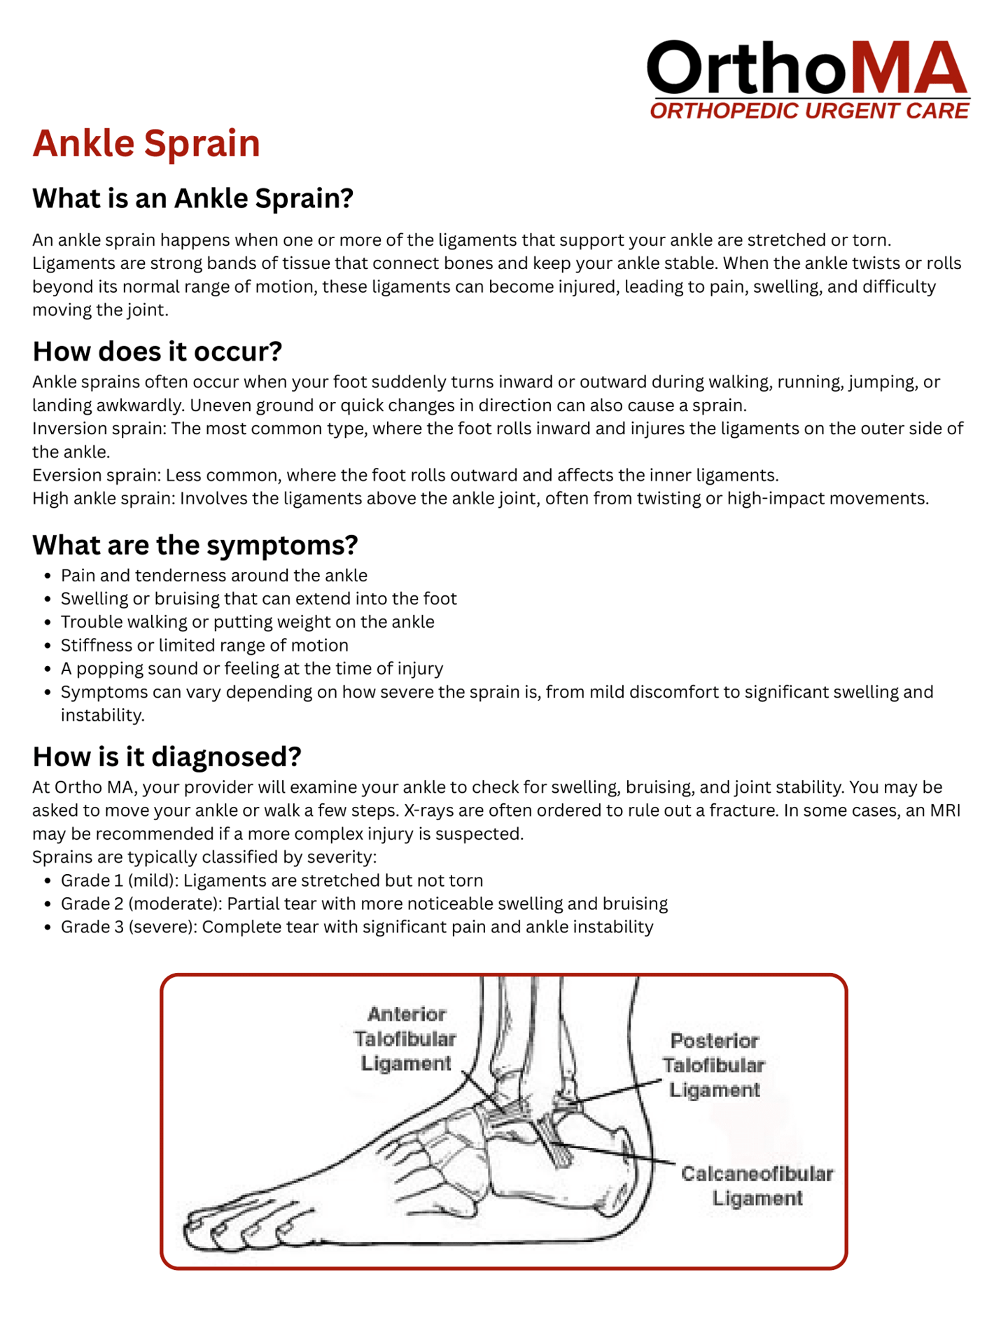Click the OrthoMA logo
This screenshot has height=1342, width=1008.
(808, 69)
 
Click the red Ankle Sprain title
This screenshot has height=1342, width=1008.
(146, 143)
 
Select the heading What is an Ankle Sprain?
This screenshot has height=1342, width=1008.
(192, 198)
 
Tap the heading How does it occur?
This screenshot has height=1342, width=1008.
(157, 351)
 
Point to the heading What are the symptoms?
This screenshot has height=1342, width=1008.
(195, 544)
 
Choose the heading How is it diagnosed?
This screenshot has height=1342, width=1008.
(167, 756)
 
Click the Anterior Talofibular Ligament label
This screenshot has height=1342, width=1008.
(405, 1039)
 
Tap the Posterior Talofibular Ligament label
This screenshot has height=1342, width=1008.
(713, 1065)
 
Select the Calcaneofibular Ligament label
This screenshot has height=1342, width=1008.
(757, 1186)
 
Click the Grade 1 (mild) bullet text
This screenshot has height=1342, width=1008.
(272, 880)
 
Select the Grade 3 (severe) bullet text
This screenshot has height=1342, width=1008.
(357, 927)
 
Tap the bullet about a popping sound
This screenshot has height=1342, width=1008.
(252, 669)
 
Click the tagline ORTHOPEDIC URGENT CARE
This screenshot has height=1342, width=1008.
(809, 111)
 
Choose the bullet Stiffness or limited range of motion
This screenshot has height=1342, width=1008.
(204, 645)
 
